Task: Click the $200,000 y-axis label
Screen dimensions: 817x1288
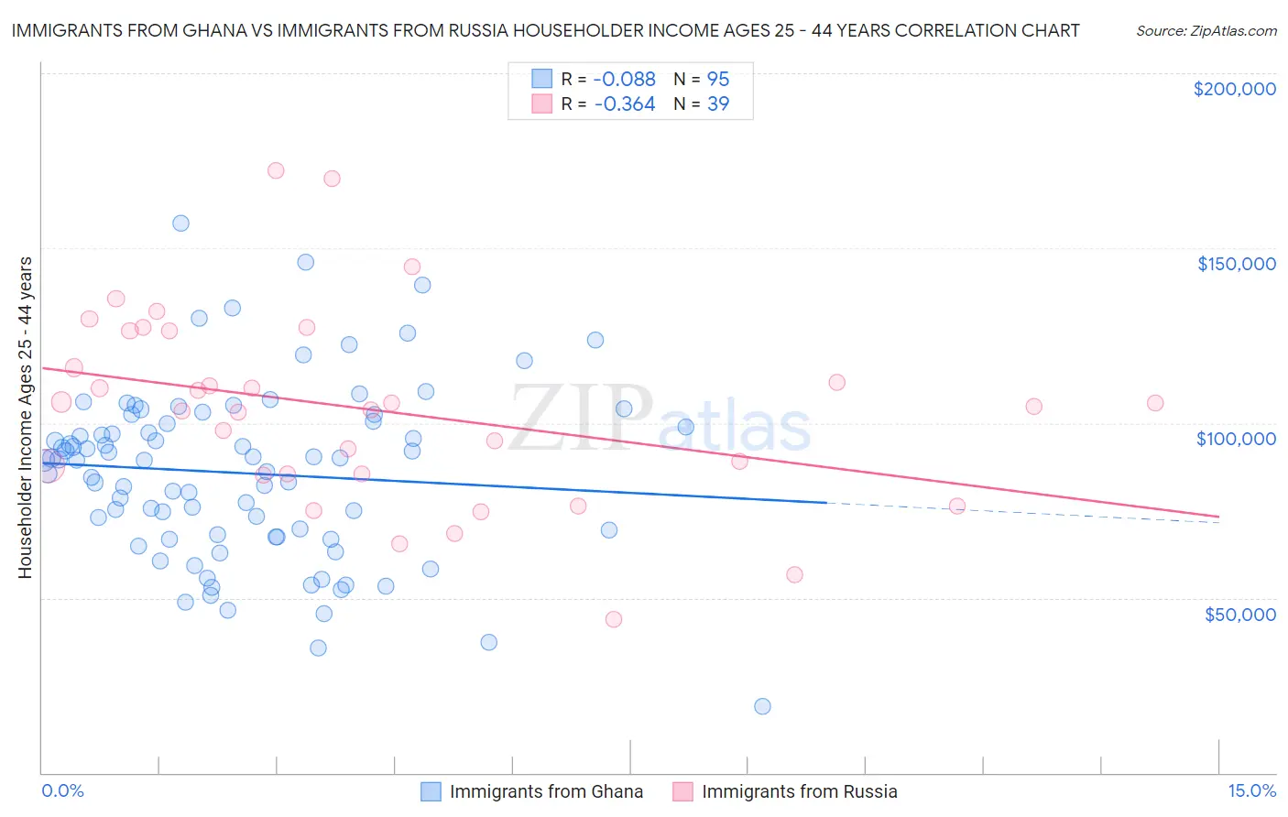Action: pos(1234,89)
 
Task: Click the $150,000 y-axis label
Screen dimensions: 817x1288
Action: pos(1236,264)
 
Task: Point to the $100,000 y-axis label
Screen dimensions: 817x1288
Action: pos(1236,439)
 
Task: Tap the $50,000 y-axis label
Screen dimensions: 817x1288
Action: pos(1239,614)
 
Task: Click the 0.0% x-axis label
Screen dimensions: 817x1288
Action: pos(62,790)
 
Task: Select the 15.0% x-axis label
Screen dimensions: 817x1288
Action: pos(1251,790)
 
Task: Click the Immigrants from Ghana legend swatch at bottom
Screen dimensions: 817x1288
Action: pos(431,791)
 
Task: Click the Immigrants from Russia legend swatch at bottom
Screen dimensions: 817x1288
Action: pos(682,791)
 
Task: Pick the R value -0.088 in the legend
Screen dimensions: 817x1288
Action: pos(625,80)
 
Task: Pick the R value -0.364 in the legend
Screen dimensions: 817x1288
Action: pos(625,104)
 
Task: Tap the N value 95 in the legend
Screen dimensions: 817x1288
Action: pos(717,80)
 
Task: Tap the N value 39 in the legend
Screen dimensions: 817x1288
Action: pos(717,104)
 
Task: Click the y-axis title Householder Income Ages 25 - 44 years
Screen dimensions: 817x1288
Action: pos(25,418)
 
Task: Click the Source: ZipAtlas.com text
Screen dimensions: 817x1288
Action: pos(1206,31)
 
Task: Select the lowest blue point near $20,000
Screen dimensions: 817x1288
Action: pos(762,706)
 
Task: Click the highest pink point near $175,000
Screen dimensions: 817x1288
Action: pos(275,170)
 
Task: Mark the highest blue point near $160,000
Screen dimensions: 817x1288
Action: pos(180,223)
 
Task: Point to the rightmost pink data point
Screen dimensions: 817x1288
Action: pos(1155,403)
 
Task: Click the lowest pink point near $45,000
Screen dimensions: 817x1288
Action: pos(614,619)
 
